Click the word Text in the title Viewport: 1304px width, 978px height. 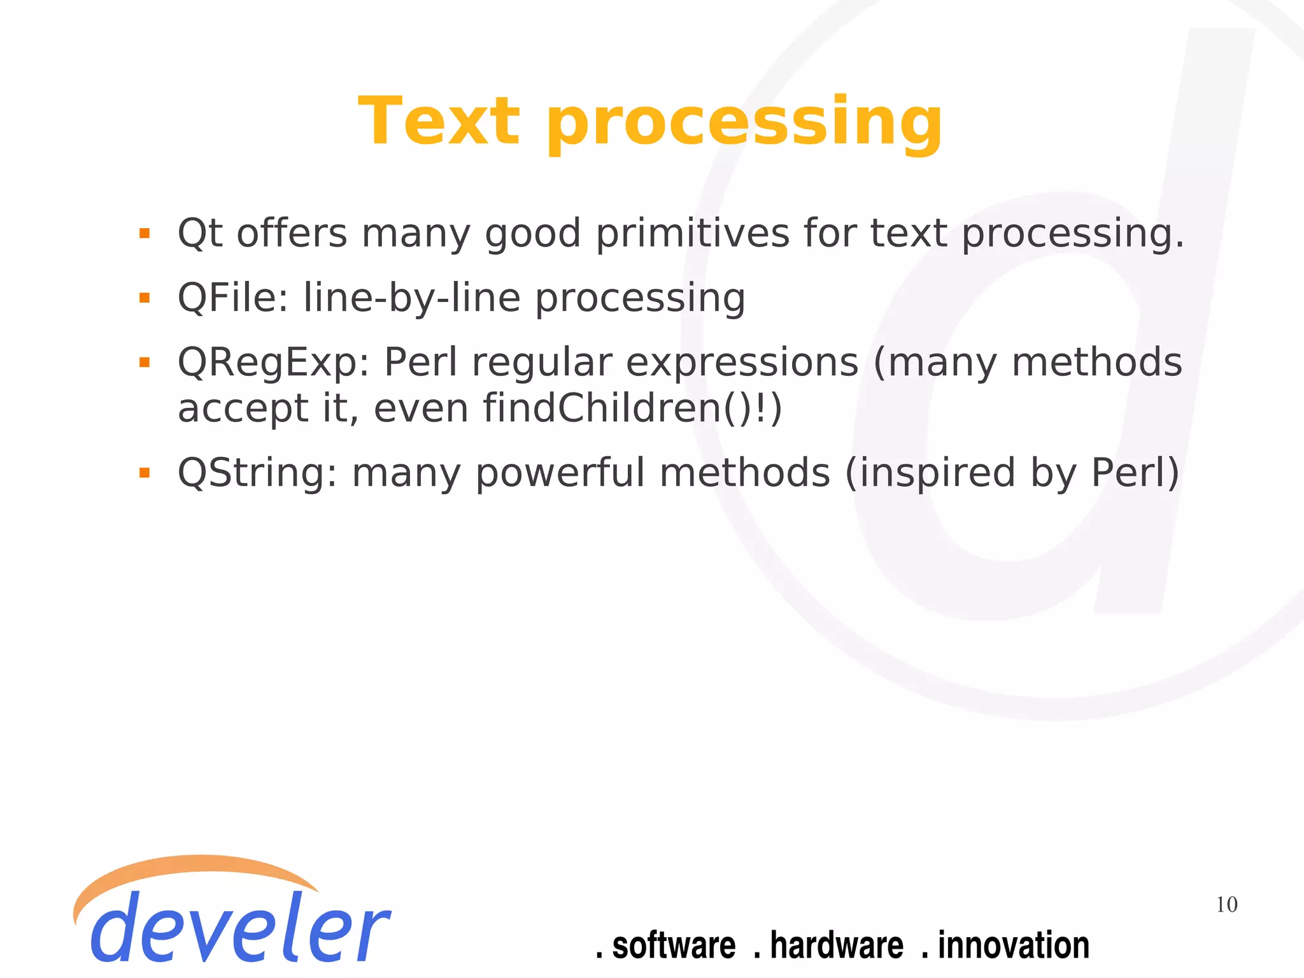pyautogui.click(x=439, y=121)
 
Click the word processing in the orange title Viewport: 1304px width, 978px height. pyautogui.click(x=744, y=124)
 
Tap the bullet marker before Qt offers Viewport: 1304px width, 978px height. pyautogui.click(x=145, y=233)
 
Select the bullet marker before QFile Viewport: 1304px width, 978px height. pyautogui.click(x=145, y=298)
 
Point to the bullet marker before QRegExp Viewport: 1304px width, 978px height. pyautogui.click(x=145, y=363)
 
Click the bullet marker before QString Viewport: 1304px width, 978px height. pyautogui.click(x=145, y=473)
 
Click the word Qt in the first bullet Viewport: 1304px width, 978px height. pyautogui.click(x=199, y=233)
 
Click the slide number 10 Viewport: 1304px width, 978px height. pyautogui.click(x=1226, y=905)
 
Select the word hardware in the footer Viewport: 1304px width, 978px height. pyautogui.click(x=836, y=945)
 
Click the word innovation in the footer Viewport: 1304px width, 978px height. pyautogui.click(x=1013, y=945)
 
